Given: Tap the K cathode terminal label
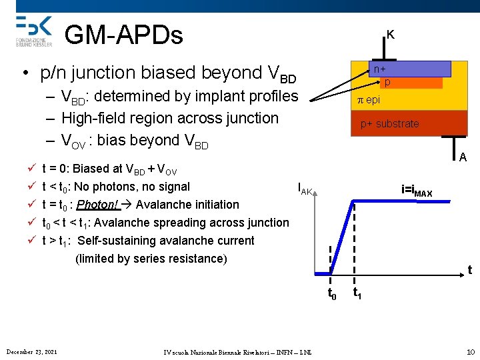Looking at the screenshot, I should click(390, 34).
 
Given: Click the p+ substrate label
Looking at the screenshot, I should click(389, 123).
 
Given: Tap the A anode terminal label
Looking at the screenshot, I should click(462, 157).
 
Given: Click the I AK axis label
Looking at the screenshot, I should click(305, 190).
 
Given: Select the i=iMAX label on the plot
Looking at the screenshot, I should click(417, 191).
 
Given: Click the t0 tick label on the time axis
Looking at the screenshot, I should click(331, 293).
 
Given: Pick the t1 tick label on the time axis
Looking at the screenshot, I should click(357, 293).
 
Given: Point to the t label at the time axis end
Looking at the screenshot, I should click(469, 270).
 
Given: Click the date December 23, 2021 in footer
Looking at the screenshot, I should click(31, 351).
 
